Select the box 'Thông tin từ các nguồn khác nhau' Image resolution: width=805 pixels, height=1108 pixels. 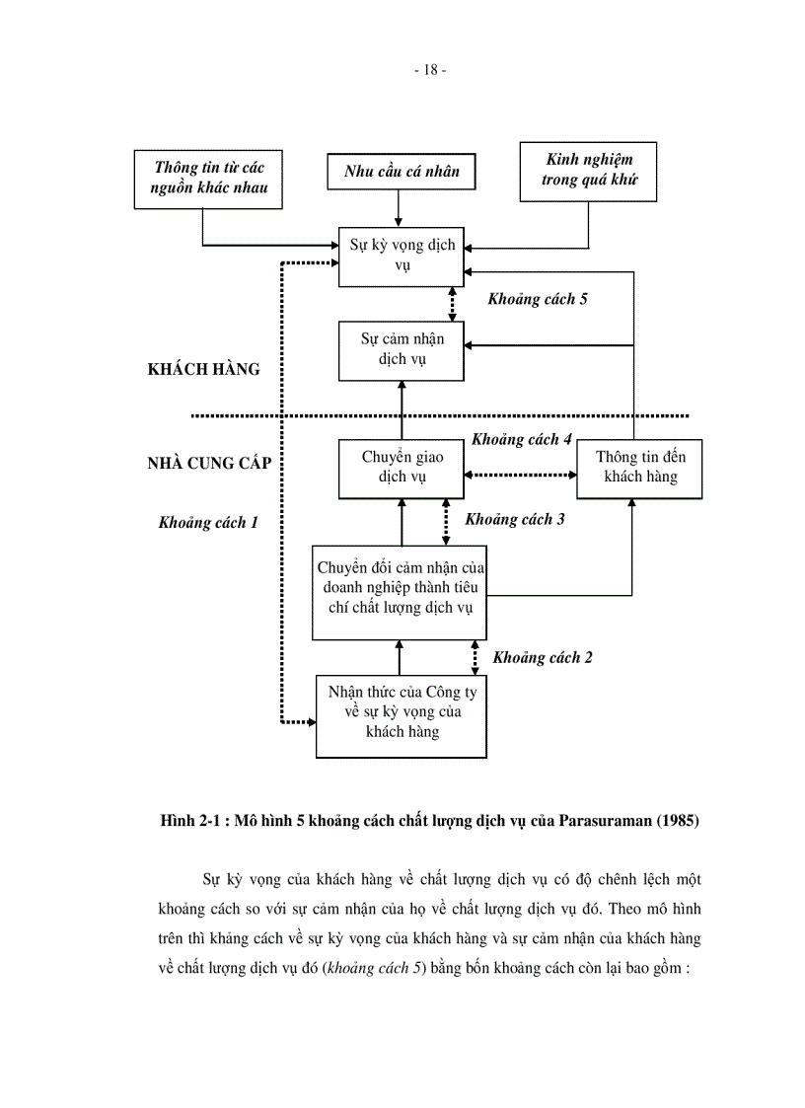[208, 179]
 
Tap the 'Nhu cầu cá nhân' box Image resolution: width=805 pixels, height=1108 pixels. [402, 171]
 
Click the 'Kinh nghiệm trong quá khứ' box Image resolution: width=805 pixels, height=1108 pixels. [588, 171]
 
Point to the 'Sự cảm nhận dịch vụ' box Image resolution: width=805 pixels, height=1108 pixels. [402, 350]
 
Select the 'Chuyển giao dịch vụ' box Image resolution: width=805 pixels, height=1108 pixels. [402, 467]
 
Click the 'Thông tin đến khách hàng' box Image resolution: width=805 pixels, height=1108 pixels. [640, 467]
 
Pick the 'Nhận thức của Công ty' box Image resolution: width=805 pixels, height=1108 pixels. [402, 714]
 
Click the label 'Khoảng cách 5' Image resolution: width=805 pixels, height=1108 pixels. [537, 299]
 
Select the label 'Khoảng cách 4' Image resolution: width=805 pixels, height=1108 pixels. [521, 439]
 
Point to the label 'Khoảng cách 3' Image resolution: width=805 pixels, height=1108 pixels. [514, 519]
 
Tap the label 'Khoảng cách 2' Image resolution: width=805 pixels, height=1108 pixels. [542, 657]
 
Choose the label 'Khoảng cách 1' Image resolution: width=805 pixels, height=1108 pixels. [208, 523]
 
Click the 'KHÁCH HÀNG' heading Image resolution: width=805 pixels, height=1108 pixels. [203, 369]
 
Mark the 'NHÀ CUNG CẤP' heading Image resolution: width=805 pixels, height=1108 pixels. [208, 462]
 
